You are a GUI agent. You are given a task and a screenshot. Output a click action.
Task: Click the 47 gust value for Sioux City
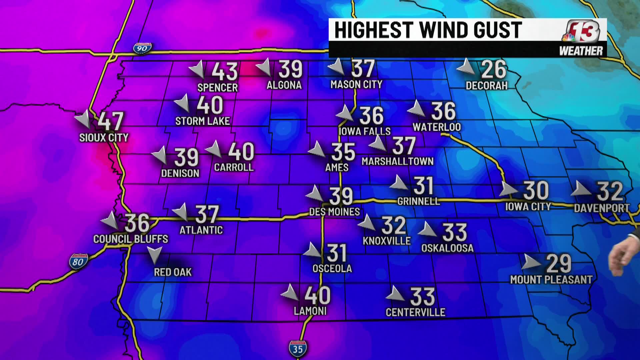coord(111,121)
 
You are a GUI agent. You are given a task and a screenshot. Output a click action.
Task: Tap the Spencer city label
coord(217,88)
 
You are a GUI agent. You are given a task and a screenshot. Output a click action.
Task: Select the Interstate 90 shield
coord(142,48)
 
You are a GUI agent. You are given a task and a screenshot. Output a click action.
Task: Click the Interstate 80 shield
coord(78,262)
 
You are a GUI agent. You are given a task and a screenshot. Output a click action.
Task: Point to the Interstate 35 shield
coord(298,349)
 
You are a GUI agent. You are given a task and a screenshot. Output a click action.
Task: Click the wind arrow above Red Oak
coord(154,255)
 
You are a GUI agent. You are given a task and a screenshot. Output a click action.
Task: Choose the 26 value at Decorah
coord(494,70)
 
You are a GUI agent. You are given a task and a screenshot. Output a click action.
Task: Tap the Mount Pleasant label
coord(551,279)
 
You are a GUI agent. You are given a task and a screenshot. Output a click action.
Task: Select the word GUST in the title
coord(497,30)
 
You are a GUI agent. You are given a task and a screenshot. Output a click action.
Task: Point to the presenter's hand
coord(620,258)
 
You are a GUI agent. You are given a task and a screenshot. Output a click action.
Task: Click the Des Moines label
coord(334,212)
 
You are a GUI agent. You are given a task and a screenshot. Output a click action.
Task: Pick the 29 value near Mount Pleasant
coord(559,264)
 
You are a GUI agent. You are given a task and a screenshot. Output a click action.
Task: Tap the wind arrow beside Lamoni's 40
coord(289,293)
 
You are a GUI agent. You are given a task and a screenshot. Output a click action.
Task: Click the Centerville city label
coord(415,312)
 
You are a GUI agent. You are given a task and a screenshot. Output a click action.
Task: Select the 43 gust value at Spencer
coord(225,71)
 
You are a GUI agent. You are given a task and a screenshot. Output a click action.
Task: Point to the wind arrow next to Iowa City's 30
coord(508,189)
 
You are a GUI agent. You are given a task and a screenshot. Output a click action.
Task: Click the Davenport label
coord(602,208)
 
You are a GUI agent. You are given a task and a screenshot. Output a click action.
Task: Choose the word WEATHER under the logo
coord(581,51)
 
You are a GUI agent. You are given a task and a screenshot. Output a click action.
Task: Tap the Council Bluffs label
coord(131,239)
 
